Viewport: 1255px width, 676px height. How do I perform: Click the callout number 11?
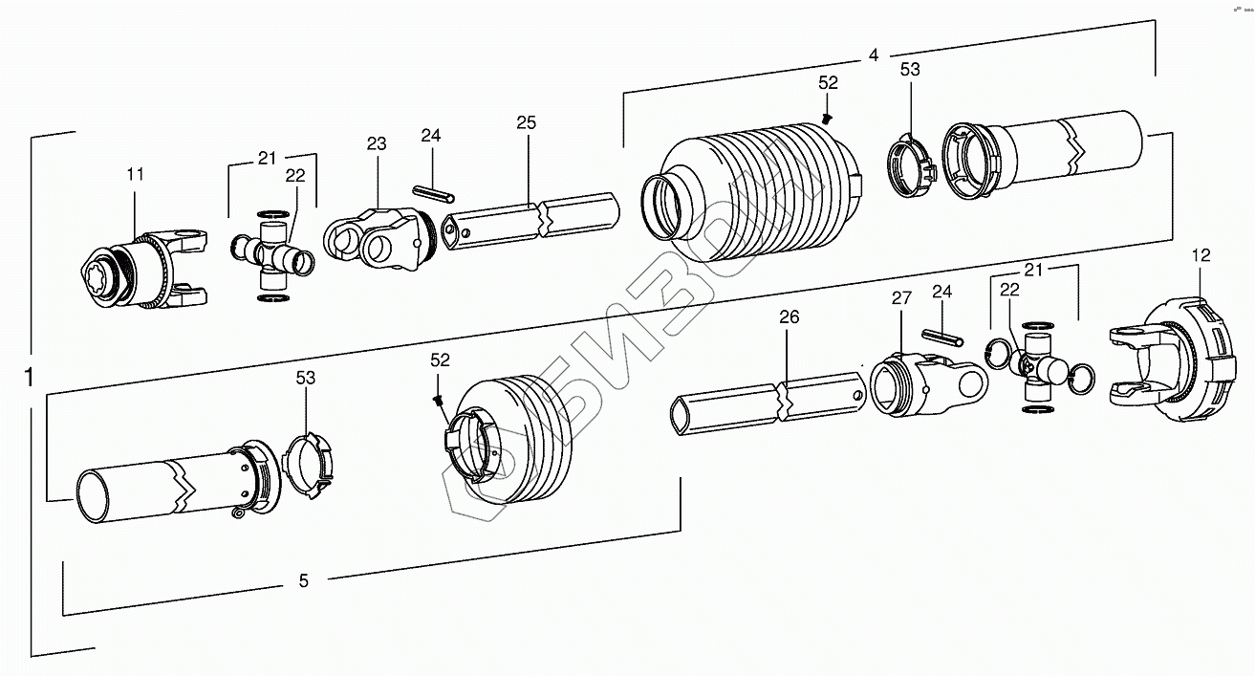[135, 174]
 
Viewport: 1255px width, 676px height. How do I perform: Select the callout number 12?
[1201, 255]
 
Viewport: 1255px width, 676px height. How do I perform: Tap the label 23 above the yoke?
[376, 145]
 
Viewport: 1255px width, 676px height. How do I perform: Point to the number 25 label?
[526, 122]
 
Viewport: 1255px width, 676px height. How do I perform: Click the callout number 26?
[789, 317]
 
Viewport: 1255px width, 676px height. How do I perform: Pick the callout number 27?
[901, 297]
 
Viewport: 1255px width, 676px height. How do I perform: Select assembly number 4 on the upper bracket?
[872, 55]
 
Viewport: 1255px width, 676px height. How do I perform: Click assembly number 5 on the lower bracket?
[303, 580]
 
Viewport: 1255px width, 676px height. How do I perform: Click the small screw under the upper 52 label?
[828, 118]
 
